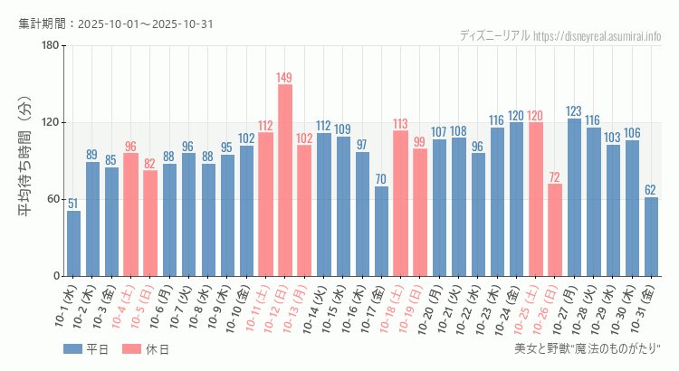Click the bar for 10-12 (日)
[285, 180]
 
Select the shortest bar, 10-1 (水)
[73, 243]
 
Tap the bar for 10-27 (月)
[574, 197]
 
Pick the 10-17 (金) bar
[381, 231]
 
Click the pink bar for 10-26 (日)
[555, 230]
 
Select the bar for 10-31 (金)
[651, 236]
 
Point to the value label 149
[285, 77]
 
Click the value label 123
[574, 111]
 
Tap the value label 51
[73, 204]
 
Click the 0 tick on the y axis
[56, 276]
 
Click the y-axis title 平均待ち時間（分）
[26, 161]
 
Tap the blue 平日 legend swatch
[73, 349]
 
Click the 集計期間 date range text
[116, 24]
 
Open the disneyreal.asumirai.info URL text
[598, 36]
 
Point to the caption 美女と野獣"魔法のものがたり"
[588, 349]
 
